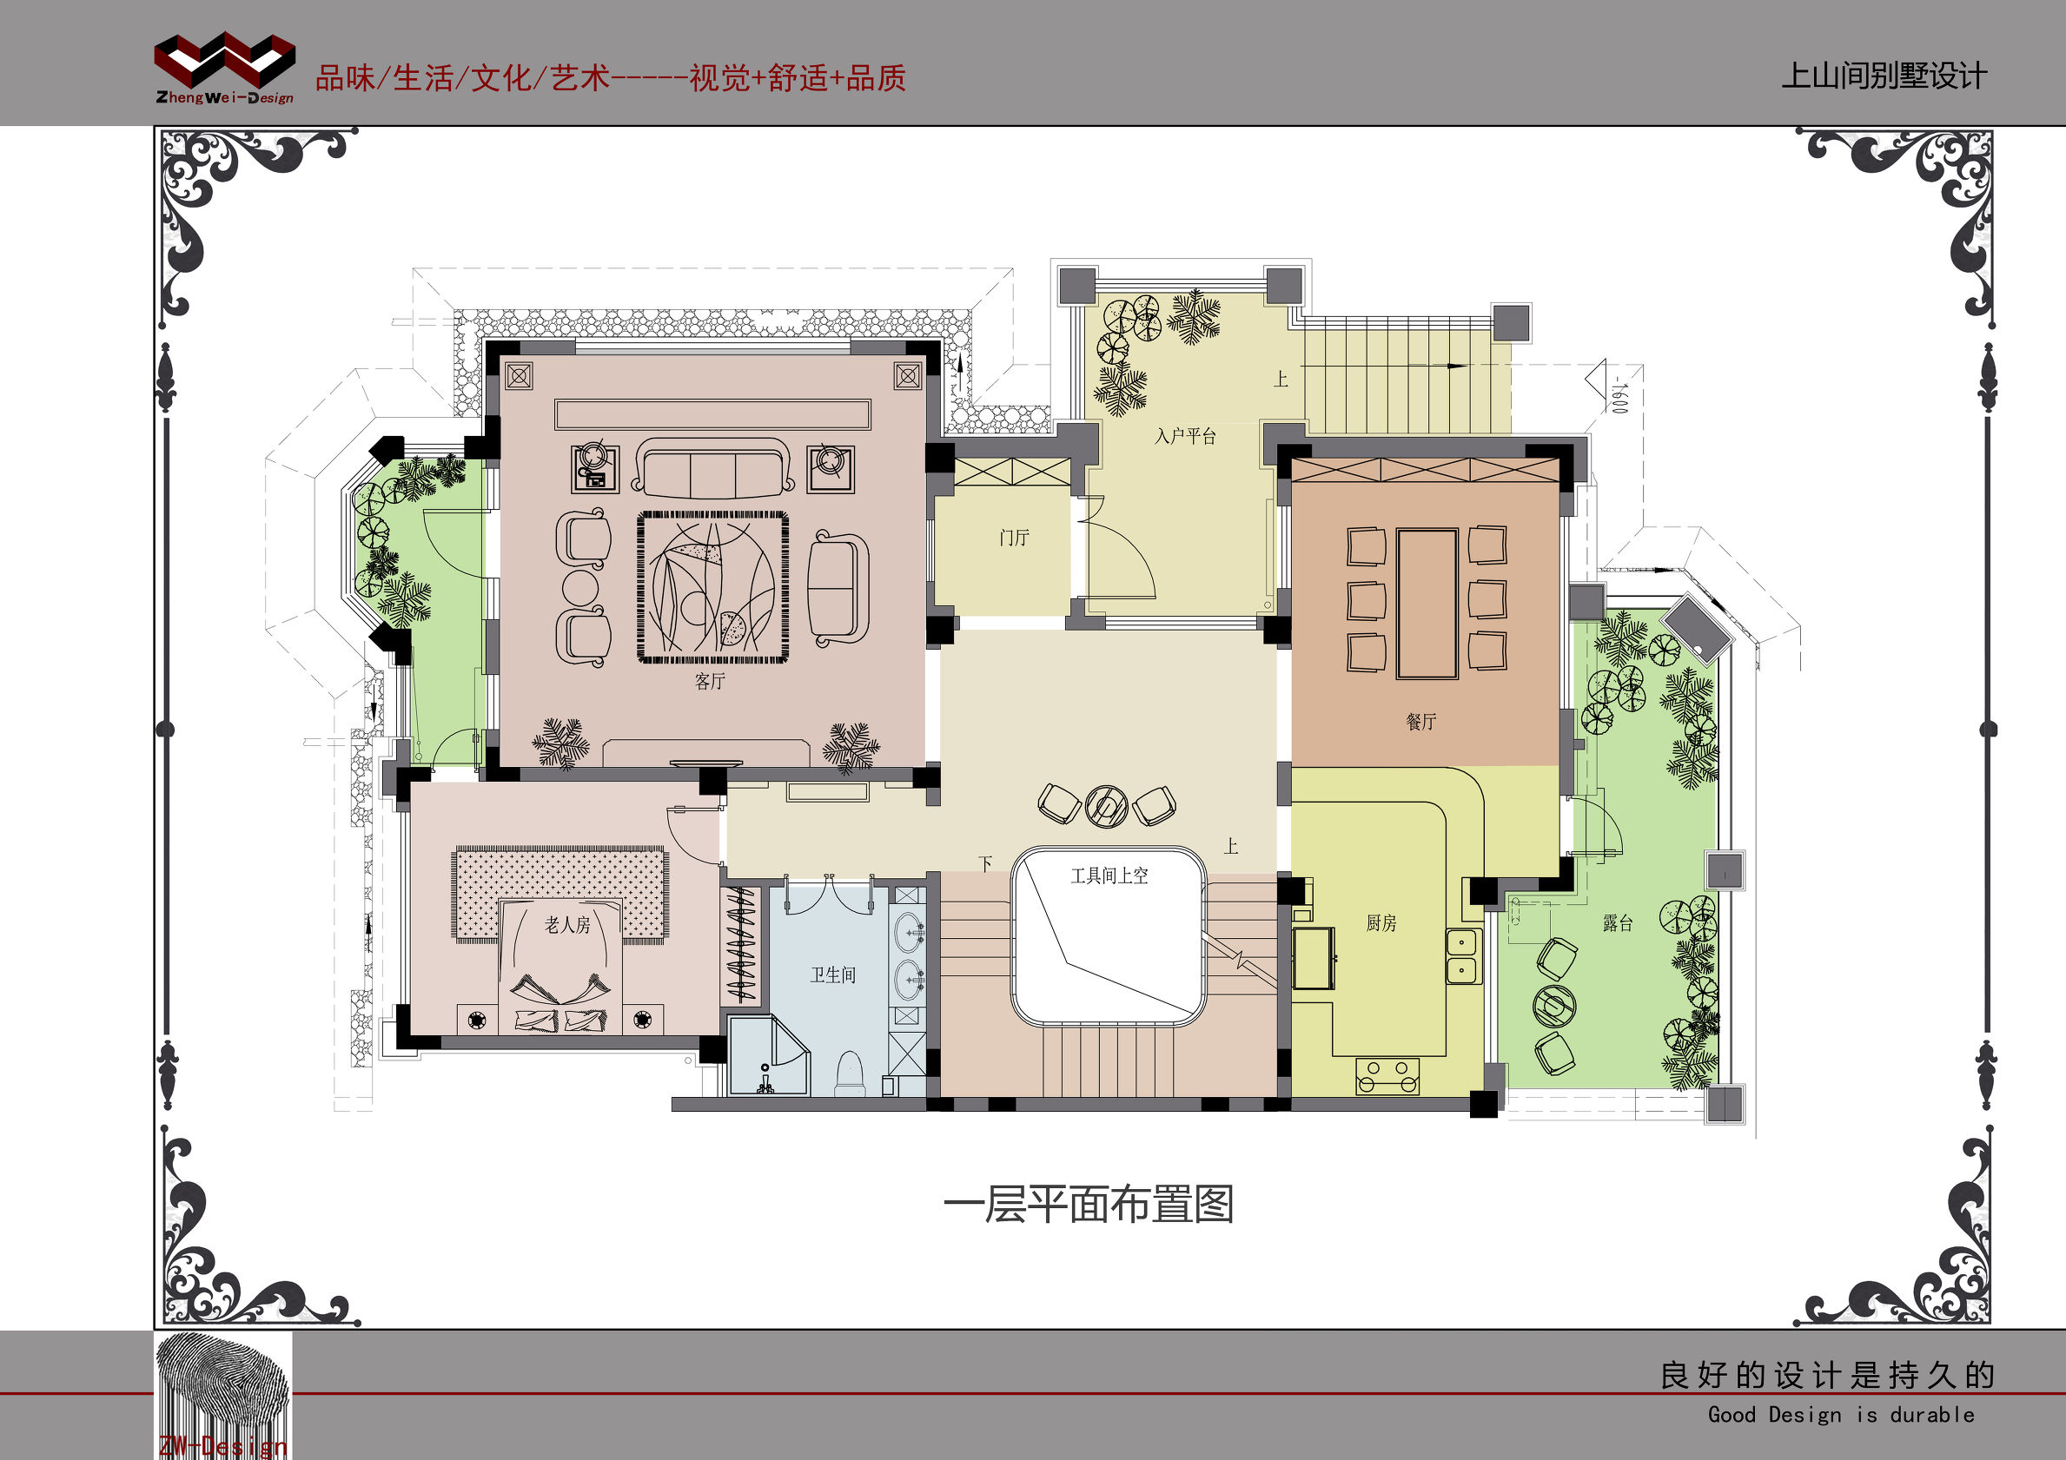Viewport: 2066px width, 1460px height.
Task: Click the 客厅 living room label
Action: click(x=709, y=681)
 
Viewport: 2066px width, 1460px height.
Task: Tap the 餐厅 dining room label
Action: click(x=1420, y=722)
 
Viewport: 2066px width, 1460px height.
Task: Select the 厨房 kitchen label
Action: click(x=1381, y=923)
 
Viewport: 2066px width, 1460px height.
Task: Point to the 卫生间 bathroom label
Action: click(x=832, y=975)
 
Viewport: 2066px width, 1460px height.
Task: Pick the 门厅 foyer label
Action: click(x=1013, y=538)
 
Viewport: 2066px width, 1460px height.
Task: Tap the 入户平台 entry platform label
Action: click(x=1185, y=437)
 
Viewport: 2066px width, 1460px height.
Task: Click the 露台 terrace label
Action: click(x=1617, y=923)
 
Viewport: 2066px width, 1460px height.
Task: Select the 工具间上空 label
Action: click(x=1109, y=876)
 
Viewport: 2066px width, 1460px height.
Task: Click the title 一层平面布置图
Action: click(x=1088, y=1205)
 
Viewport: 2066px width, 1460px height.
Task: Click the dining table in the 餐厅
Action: click(x=1427, y=603)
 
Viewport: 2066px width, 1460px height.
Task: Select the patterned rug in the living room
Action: click(x=712, y=587)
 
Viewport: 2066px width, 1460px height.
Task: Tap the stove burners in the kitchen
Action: click(x=1387, y=1075)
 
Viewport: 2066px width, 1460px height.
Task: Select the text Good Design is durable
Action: click(x=1840, y=1415)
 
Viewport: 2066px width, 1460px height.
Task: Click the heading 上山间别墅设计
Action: click(x=1884, y=76)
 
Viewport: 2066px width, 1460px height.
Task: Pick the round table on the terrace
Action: click(x=1554, y=1005)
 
